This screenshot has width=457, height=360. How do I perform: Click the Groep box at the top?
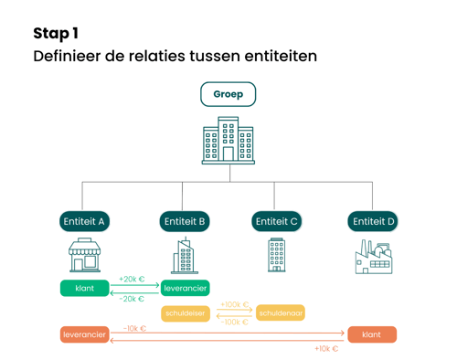228,94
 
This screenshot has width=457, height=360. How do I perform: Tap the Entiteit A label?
84,221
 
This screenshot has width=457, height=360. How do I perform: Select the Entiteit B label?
185,221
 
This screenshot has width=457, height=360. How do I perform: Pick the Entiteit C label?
276,221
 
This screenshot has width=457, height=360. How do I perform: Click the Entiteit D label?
374,221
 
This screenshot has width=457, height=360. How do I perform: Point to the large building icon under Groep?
228,141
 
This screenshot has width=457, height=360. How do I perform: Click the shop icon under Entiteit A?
84,256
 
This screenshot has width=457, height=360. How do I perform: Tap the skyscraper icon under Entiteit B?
185,256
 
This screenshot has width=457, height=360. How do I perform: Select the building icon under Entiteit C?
276,255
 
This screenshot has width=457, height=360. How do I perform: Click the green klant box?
84,288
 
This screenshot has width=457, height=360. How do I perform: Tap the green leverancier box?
186,288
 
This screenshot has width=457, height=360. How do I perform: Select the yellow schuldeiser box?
186,313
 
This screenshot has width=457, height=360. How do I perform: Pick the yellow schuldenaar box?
281,313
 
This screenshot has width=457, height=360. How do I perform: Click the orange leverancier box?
84,335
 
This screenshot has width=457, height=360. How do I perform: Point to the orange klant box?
371,335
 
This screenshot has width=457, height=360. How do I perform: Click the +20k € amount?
133,280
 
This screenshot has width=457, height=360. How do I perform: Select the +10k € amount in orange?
326,348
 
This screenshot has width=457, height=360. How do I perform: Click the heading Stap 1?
56,34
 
